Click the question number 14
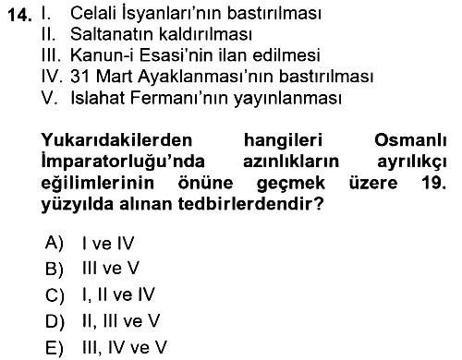coord(19,15)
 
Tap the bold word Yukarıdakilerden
coord(116,140)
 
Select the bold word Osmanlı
coord(410,140)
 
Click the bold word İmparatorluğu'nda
coord(123,162)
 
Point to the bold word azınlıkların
coord(291,162)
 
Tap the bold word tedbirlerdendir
coord(250,204)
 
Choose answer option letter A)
coord(55,243)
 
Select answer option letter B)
coord(55,269)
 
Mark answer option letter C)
coord(55,295)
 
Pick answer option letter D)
coord(55,322)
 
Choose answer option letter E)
coord(55,348)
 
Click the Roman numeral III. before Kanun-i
coord(51,55)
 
